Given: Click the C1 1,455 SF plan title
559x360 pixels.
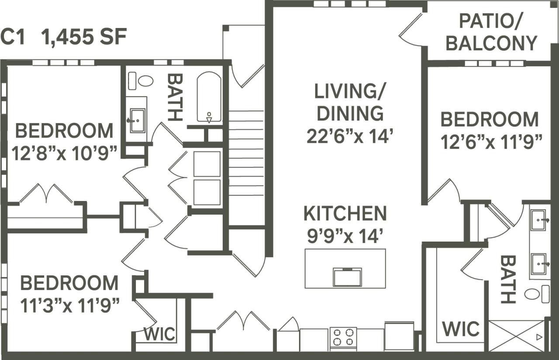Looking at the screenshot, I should pos(64,37).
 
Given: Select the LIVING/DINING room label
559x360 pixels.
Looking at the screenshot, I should pos(349,102).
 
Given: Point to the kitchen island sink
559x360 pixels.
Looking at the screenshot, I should pos(347,277).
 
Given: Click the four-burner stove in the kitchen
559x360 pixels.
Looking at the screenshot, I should pos(343,337).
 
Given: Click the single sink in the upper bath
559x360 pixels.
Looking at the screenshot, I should pos(137,120).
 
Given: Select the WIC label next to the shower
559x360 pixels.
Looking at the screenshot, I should pos(460,329).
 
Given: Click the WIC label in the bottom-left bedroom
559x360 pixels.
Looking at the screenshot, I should pos(159,335).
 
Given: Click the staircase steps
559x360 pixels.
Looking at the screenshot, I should pos(246,153).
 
